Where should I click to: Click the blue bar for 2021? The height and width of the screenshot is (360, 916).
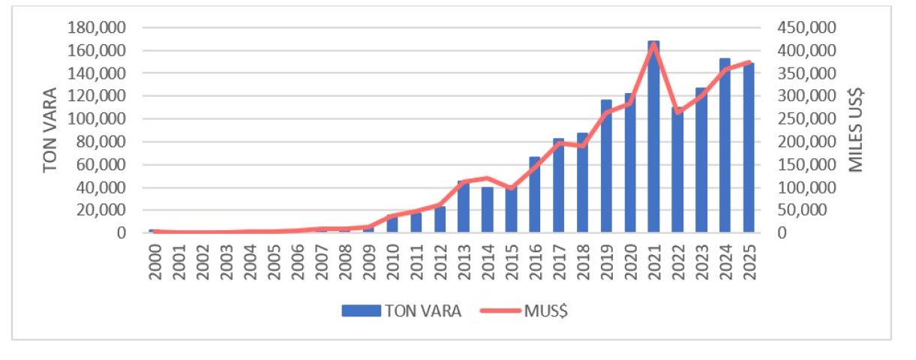point(653,142)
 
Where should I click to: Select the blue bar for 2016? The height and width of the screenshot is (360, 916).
point(535,195)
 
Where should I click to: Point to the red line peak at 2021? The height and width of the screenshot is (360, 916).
point(653,44)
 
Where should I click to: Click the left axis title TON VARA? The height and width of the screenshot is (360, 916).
point(50,130)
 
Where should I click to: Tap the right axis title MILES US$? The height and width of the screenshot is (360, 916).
point(857,130)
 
